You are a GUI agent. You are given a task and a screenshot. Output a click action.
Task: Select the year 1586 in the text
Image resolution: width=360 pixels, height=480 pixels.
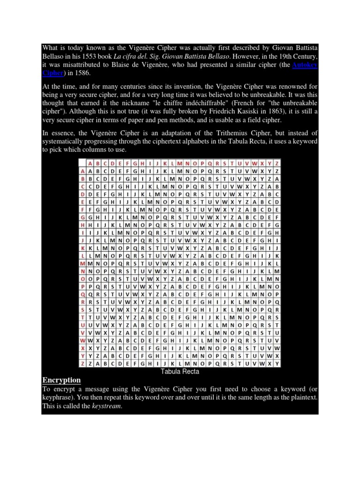[87, 73]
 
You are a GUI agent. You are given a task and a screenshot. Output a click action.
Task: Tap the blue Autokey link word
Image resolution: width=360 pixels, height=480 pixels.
[305, 65]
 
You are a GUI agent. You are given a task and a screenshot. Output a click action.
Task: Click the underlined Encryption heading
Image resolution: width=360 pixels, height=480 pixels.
[61, 380]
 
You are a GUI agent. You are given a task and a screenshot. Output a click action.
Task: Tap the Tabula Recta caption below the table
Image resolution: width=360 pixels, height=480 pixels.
[180, 371]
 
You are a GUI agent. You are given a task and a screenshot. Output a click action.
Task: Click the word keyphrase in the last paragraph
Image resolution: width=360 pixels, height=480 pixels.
[59, 397]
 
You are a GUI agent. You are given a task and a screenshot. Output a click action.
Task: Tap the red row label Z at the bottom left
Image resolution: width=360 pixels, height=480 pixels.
[82, 363]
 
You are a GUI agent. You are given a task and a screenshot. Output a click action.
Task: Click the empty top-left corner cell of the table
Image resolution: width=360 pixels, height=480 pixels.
[82, 163]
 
